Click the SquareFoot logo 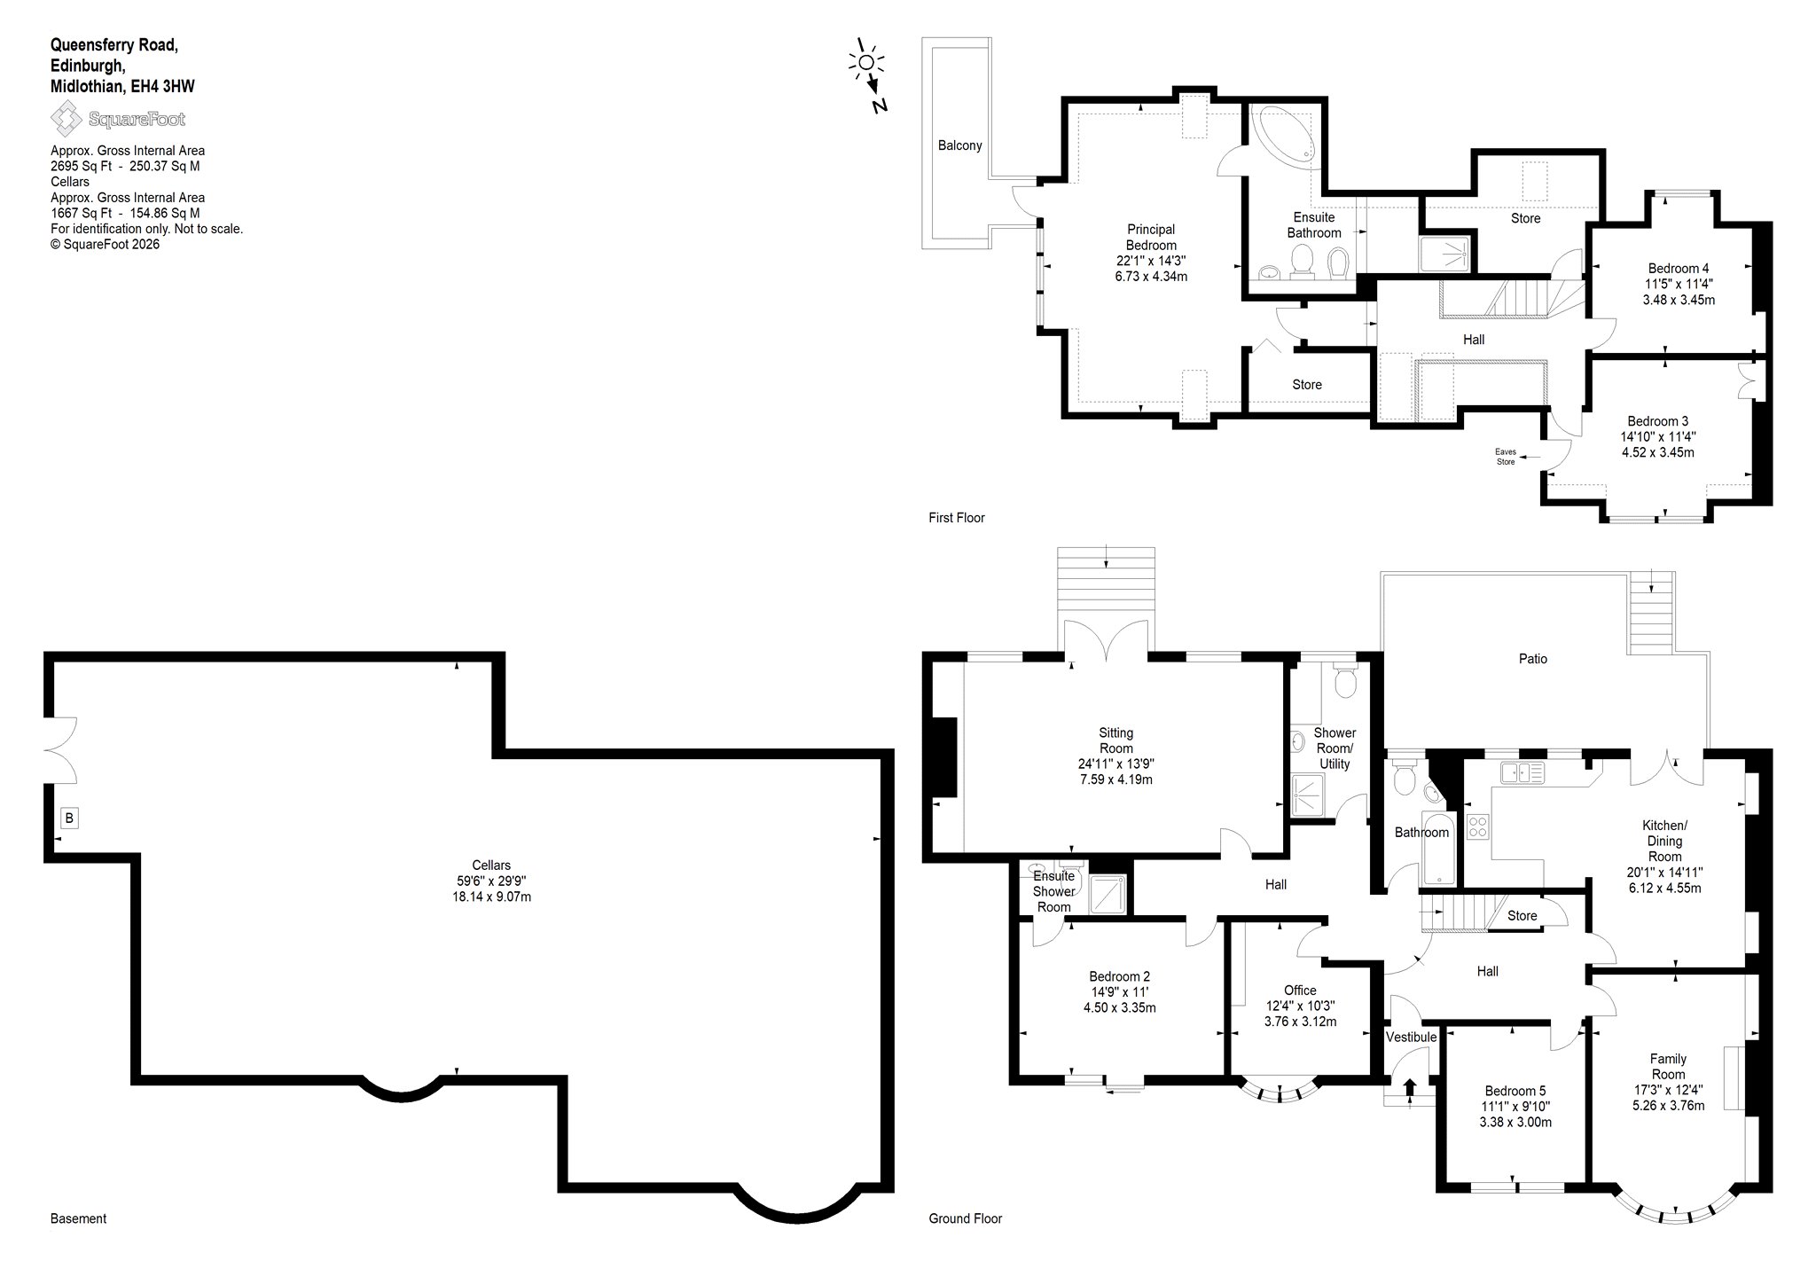click(118, 119)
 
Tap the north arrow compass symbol click(870, 76)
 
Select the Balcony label click(959, 145)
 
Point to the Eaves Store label click(1506, 456)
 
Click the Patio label click(1532, 659)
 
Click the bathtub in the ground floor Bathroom click(1437, 849)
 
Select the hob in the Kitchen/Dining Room click(1478, 826)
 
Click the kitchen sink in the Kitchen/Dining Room click(1522, 772)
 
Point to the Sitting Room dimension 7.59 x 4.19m click(1115, 780)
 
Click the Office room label click(1300, 991)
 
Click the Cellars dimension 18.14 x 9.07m click(491, 897)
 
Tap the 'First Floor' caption click(957, 518)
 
